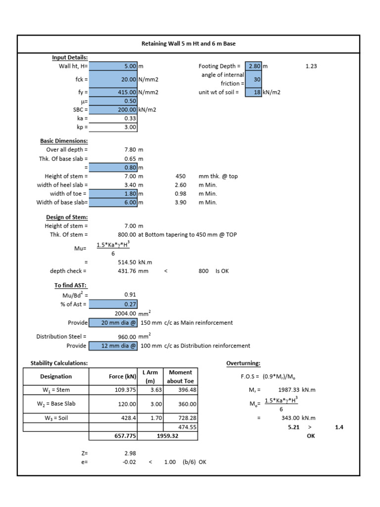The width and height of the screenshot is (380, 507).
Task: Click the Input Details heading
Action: pos(70,57)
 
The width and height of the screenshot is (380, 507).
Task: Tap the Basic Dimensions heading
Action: pos(64,141)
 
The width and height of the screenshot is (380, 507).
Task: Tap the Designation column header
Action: pos(56,376)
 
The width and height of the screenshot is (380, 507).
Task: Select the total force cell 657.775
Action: pos(113,436)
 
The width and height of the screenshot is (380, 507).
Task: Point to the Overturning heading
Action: pos(243,363)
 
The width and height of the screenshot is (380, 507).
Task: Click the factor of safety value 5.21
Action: pos(294,426)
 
